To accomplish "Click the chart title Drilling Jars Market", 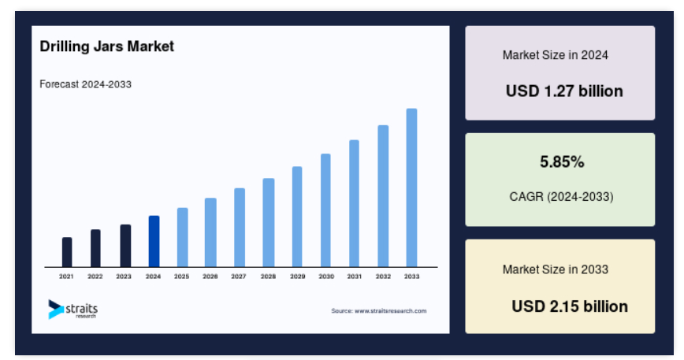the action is click(x=107, y=46).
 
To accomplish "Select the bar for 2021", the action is click(x=67, y=252).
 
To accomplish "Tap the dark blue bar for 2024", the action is click(x=154, y=241).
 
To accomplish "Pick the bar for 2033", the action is click(x=411, y=187).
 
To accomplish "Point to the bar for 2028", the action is click(x=268, y=222).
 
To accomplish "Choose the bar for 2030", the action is click(x=325, y=210).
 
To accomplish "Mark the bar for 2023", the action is click(x=125, y=245).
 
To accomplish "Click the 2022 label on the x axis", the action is click(x=95, y=276).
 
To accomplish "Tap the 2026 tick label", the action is click(x=210, y=276).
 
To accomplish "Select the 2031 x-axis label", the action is click(x=355, y=276).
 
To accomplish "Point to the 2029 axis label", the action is click(x=298, y=276).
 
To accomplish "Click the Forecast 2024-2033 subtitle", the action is click(x=85, y=84).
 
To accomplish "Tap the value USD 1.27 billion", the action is click(x=564, y=91).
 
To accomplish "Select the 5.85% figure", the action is click(x=562, y=161).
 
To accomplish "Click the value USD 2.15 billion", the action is click(x=570, y=306).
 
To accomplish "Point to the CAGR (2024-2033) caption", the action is click(x=561, y=197).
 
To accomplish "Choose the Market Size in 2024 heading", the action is click(x=556, y=55).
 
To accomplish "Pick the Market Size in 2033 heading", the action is click(x=556, y=269).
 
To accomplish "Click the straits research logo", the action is click(x=72, y=309).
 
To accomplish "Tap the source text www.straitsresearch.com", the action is click(x=390, y=310).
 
